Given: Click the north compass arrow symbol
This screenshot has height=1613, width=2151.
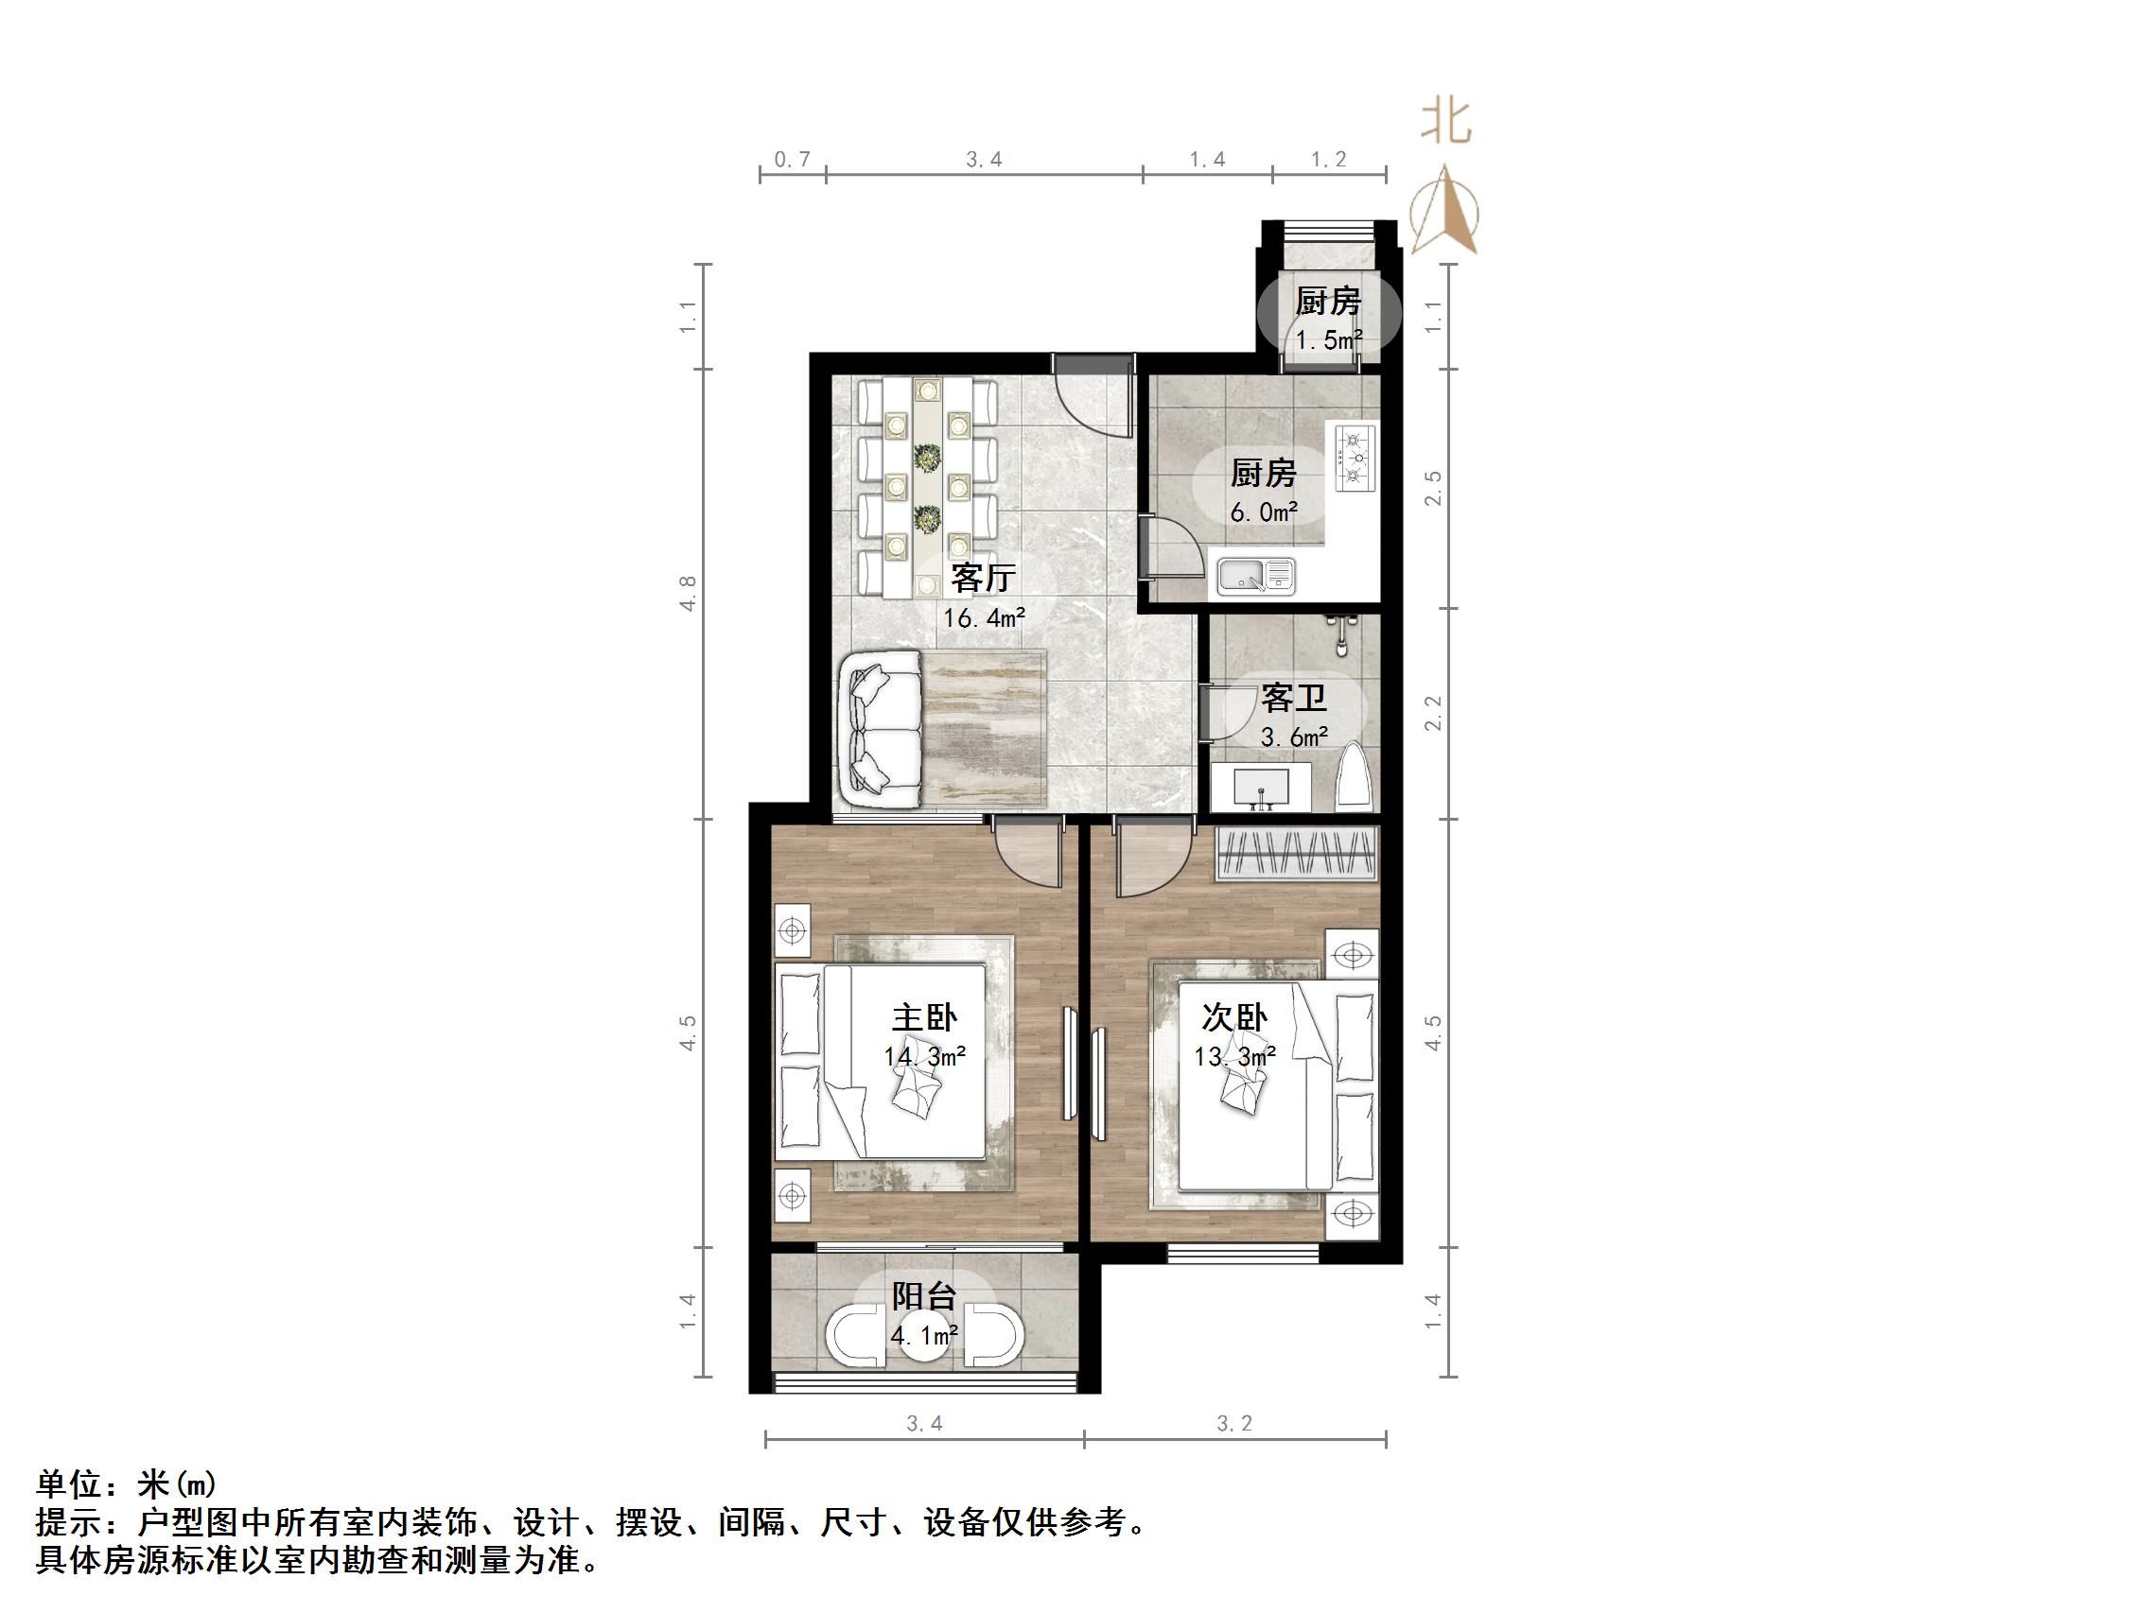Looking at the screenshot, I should click(x=1446, y=210).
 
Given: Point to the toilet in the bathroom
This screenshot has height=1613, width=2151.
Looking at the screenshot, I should click(x=1355, y=777).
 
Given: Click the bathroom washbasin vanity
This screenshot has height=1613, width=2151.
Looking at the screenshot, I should click(x=1261, y=786).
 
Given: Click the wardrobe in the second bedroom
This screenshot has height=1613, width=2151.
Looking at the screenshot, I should click(x=1297, y=855).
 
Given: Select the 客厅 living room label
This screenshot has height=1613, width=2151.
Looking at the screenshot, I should click(x=983, y=579).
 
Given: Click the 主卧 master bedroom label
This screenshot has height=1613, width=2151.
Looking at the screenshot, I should click(x=924, y=1018).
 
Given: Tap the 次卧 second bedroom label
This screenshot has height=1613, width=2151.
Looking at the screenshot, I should click(x=1234, y=1018).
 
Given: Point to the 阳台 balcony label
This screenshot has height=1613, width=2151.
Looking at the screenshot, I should click(x=924, y=1296).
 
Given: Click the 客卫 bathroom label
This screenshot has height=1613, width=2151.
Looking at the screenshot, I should click(x=1293, y=697).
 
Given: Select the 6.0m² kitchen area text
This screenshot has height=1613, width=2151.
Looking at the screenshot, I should click(x=1263, y=512).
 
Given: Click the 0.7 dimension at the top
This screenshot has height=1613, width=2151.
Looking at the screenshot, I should click(x=792, y=160).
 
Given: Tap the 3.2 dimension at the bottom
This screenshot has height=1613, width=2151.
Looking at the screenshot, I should click(x=1234, y=1423).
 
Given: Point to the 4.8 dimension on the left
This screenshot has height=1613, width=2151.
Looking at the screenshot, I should click(x=689, y=593).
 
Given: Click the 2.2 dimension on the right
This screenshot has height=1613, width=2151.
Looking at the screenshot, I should click(x=1432, y=714).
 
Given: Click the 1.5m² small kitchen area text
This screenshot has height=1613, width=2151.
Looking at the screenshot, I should click(x=1328, y=340).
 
